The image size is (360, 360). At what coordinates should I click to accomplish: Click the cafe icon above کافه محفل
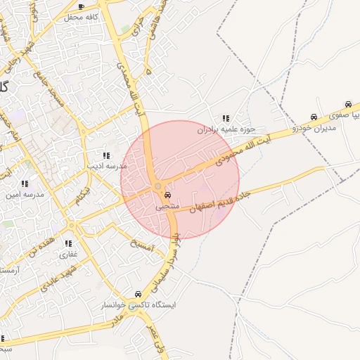tap(81, 7)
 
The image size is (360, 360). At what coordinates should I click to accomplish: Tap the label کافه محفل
tap(82, 17)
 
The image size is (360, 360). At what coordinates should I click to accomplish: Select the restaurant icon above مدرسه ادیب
tap(105, 155)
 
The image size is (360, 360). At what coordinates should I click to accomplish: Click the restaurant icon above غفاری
tap(68, 243)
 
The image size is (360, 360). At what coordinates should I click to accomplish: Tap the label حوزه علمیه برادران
tap(226, 129)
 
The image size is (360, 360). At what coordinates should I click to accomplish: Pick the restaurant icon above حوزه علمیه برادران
tap(226, 118)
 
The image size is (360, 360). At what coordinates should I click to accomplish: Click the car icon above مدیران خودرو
tap(314, 117)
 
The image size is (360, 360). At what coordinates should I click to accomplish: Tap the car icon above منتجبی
tap(167, 195)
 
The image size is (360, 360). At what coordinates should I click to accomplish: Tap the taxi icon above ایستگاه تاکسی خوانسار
tap(137, 295)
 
